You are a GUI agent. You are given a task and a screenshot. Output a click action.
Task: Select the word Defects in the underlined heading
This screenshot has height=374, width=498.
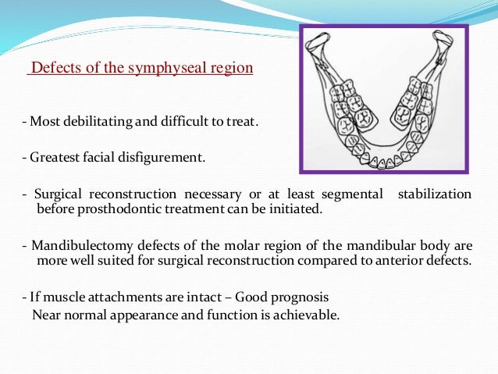[49, 68]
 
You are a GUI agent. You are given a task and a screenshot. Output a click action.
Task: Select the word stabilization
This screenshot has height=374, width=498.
[435, 193]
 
